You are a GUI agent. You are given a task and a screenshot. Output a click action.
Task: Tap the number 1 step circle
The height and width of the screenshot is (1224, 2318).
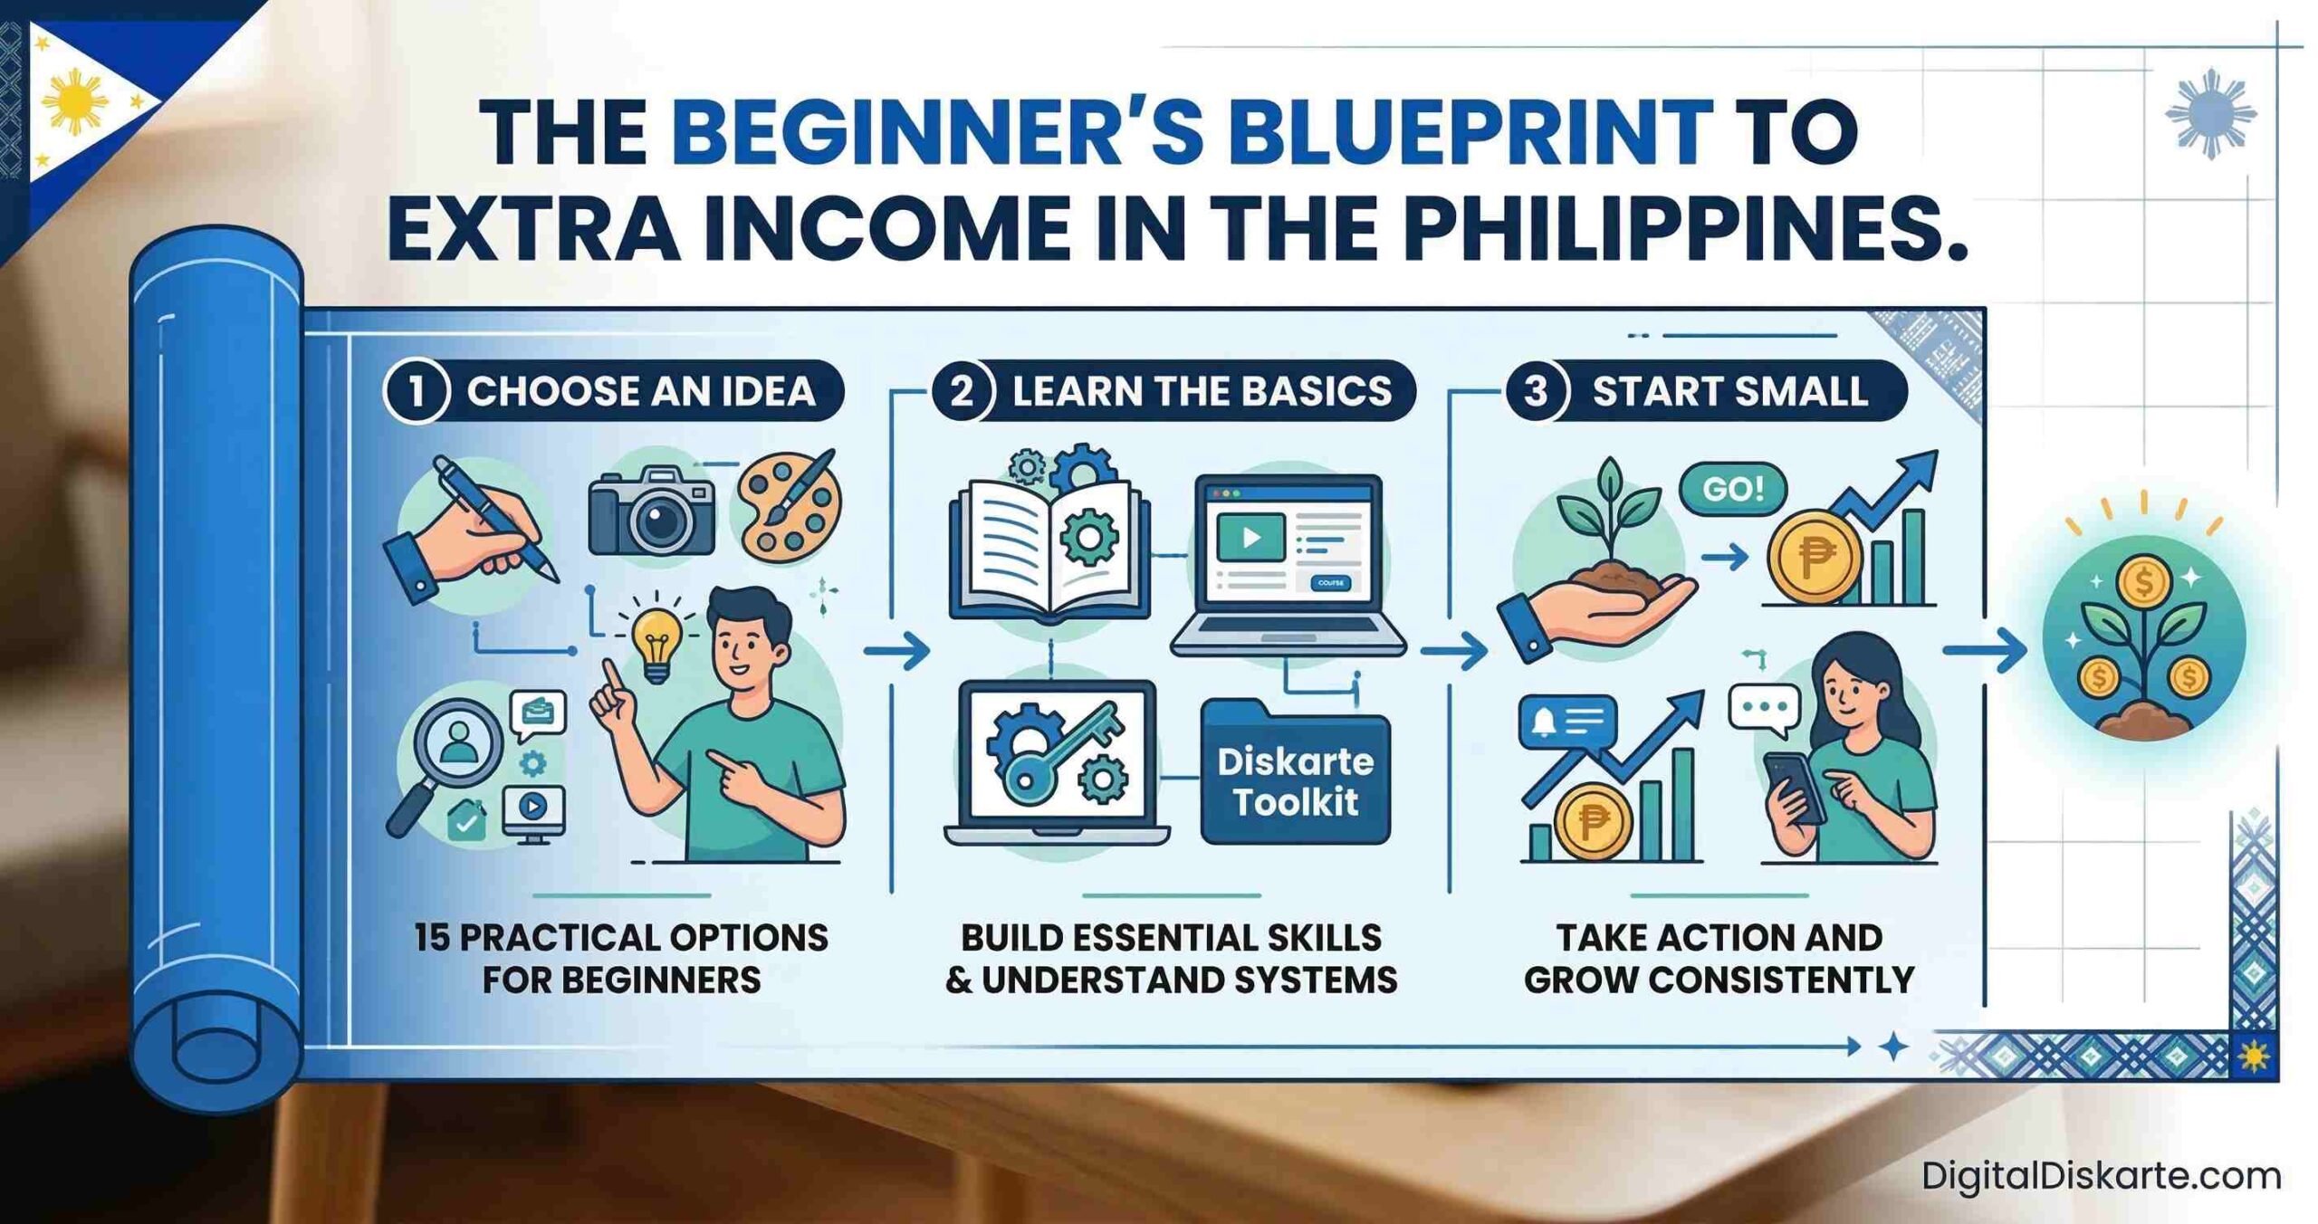tap(417, 391)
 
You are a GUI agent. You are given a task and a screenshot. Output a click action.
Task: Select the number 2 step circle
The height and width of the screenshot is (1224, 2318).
tap(962, 391)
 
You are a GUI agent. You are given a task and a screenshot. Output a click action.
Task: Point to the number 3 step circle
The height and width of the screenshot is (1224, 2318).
tap(1536, 391)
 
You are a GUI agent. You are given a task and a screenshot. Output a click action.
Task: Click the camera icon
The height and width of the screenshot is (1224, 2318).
tap(651, 512)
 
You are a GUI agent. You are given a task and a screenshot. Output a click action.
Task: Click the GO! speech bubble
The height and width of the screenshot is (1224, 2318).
tap(1733, 490)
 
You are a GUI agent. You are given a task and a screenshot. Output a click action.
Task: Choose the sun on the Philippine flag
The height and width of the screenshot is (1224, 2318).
tap(75, 102)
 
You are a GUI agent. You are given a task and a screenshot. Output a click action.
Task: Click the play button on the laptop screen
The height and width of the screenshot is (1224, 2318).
tap(1251, 538)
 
